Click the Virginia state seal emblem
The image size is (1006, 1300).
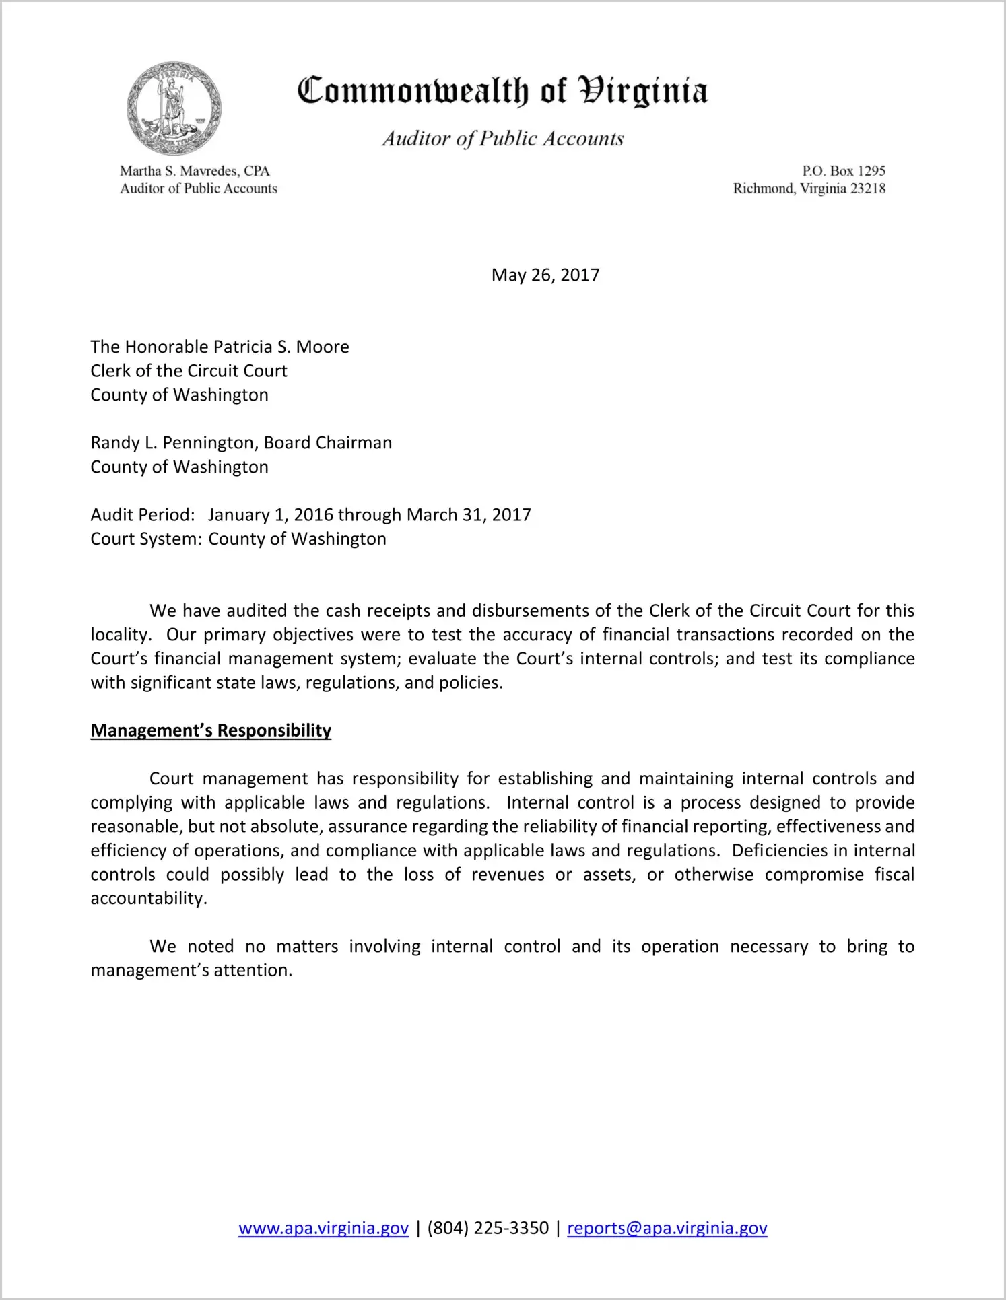coord(174,108)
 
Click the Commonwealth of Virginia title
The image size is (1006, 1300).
coord(502,91)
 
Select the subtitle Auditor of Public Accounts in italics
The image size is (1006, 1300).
coord(502,139)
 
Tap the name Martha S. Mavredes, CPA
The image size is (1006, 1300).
coord(195,171)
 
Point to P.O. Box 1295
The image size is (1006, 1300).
coord(843,171)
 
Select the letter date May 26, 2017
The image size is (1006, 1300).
coord(545,275)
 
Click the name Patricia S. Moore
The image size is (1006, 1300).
coord(281,347)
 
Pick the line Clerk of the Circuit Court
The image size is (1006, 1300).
coord(189,371)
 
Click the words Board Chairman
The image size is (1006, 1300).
coord(327,443)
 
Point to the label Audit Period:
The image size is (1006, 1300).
coord(143,515)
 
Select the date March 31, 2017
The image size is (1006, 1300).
coord(469,515)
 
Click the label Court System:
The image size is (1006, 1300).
coord(146,539)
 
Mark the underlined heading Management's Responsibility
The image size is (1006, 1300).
coord(211,731)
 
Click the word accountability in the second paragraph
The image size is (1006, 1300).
coord(148,899)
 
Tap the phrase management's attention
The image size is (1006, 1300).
coord(191,971)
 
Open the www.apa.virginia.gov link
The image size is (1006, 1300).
coord(323,1228)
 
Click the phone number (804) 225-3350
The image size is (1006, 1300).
coord(488,1228)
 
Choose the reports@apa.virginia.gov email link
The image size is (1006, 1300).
coord(667,1228)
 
